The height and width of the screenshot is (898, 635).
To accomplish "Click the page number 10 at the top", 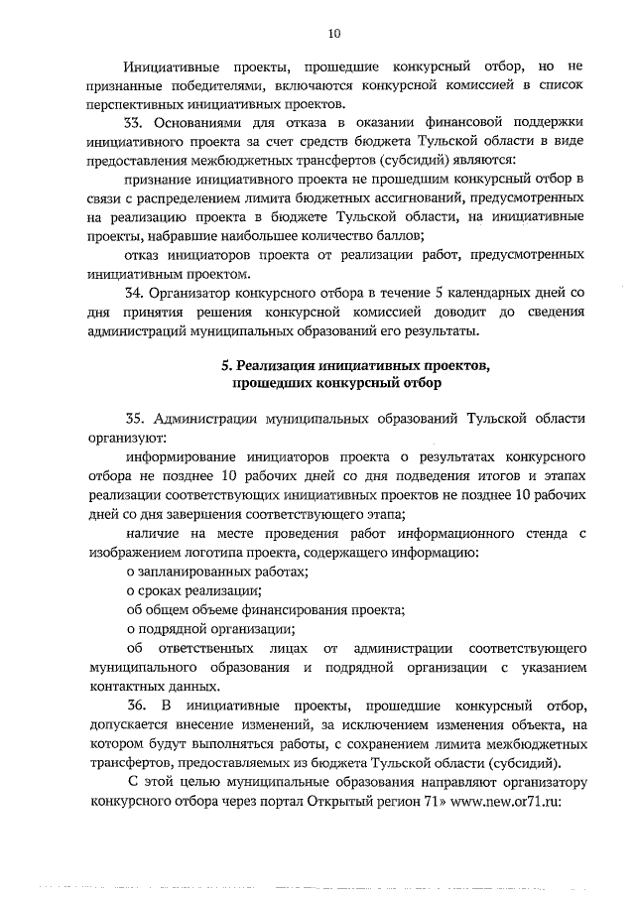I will coord(333,34).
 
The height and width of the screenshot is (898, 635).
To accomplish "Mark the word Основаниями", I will coord(202,122).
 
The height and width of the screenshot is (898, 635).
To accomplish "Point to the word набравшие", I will coord(193,235).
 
